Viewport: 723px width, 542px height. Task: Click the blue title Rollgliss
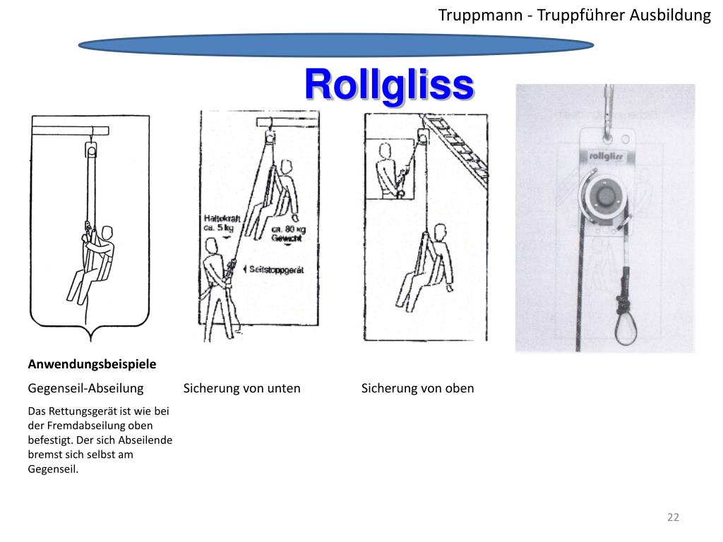(388, 85)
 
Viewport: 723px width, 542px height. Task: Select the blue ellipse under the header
(335, 45)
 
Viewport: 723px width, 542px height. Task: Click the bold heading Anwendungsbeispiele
(92, 364)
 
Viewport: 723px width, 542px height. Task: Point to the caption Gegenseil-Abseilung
(85, 388)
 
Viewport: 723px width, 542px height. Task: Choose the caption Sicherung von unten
(241, 388)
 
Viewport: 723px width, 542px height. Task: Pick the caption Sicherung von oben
(417, 388)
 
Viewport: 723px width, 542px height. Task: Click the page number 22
(673, 517)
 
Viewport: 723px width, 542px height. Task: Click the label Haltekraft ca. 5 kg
(220, 224)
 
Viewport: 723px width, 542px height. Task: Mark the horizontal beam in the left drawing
(71, 130)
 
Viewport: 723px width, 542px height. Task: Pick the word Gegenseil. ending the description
(53, 469)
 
